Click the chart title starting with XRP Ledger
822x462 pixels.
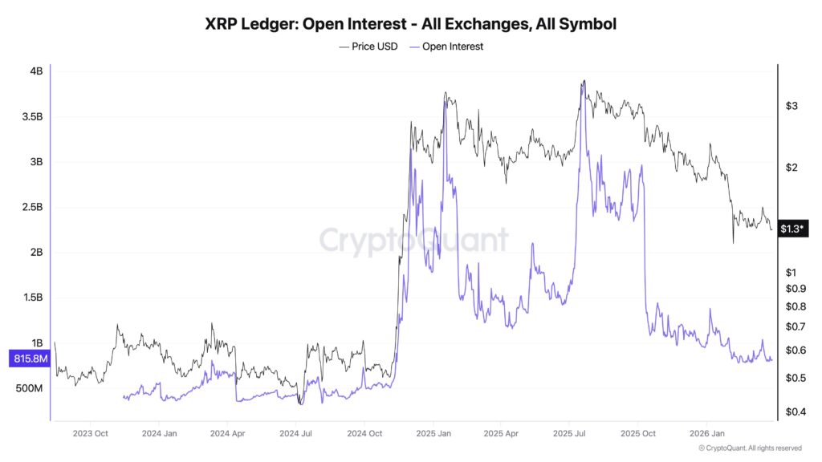(x=411, y=24)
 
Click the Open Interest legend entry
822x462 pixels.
(x=446, y=47)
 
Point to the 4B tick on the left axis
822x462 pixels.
(x=36, y=71)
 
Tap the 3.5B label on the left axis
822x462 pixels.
(x=32, y=117)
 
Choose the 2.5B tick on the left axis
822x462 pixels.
(x=32, y=208)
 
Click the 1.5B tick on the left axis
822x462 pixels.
(x=32, y=298)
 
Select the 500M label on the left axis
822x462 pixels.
(x=30, y=388)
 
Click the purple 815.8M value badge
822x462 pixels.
(x=29, y=359)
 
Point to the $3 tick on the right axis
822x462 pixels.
(x=791, y=106)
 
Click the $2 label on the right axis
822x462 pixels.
(x=791, y=168)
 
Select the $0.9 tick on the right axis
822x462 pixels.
(x=795, y=289)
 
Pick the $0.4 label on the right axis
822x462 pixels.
(x=795, y=412)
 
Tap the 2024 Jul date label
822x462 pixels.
(x=295, y=434)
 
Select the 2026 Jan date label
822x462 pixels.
(x=705, y=434)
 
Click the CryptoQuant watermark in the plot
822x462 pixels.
(x=413, y=240)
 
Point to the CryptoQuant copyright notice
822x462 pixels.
(x=749, y=448)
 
